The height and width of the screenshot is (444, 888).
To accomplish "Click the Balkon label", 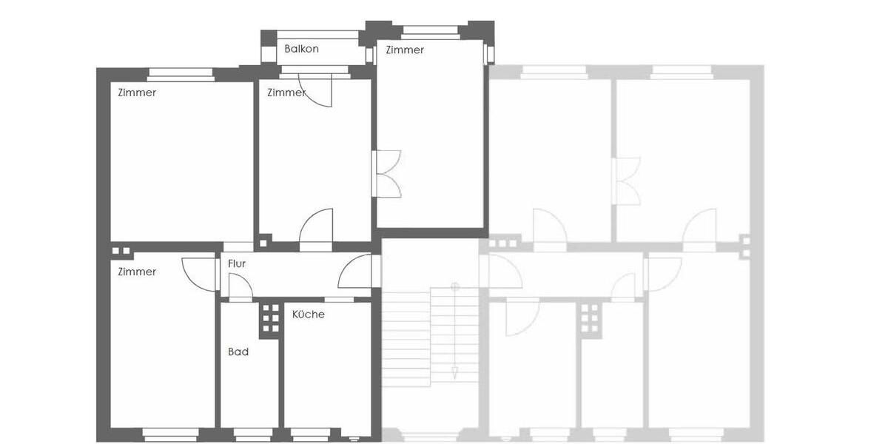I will pyautogui.click(x=301, y=49).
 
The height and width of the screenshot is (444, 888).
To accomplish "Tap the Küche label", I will pyautogui.click(x=308, y=314).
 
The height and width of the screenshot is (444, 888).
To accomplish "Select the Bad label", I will pyautogui.click(x=238, y=352).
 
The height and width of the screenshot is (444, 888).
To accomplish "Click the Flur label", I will pyautogui.click(x=237, y=263).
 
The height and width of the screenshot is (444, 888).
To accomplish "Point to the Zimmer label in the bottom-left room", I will pyautogui.click(x=137, y=272).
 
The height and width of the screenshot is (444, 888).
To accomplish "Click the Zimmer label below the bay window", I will pyautogui.click(x=405, y=50).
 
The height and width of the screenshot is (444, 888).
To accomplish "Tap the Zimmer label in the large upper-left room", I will pyautogui.click(x=137, y=93).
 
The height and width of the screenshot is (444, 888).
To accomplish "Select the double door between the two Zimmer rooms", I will pyautogui.click(x=388, y=173).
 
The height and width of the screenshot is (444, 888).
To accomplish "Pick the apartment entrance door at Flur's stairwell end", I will pyautogui.click(x=356, y=272).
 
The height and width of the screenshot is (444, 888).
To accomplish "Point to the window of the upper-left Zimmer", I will pyautogui.click(x=170, y=73).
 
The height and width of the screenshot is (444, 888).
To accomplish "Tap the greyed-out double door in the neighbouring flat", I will pyautogui.click(x=627, y=181).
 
